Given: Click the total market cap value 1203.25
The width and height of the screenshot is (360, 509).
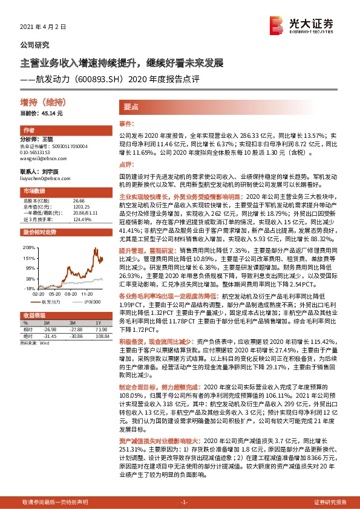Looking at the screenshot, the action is coord(80,206).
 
